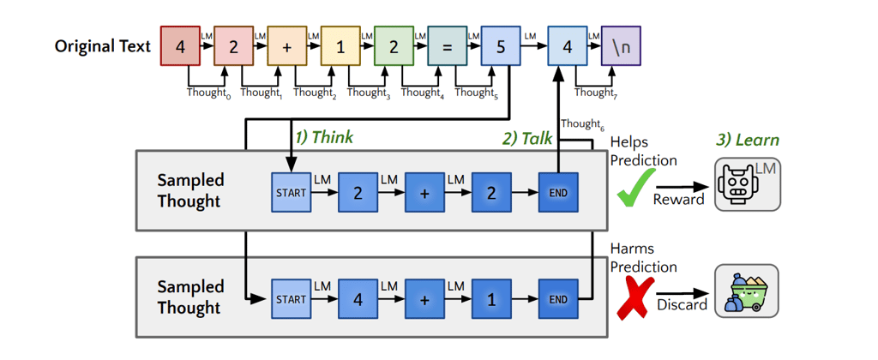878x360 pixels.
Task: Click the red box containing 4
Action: pyautogui.click(x=180, y=46)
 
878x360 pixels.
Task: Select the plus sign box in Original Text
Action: pyautogui.click(x=287, y=46)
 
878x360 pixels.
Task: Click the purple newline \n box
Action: pyautogui.click(x=621, y=46)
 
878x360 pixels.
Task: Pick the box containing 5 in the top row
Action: pyautogui.click(x=501, y=46)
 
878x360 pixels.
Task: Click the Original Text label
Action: pyautogui.click(x=103, y=46)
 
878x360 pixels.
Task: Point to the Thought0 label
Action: pyautogui.click(x=208, y=93)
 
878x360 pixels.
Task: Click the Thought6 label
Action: pyautogui.click(x=582, y=123)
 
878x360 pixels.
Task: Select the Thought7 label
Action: pyautogui.click(x=597, y=93)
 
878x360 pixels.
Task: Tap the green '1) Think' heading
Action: pyautogui.click(x=325, y=137)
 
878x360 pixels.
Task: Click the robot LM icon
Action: pyautogui.click(x=748, y=185)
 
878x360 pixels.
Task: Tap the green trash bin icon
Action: pyautogui.click(x=748, y=292)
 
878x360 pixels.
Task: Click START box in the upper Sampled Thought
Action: pyautogui.click(x=292, y=193)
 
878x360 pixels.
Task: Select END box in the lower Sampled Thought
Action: pyautogui.click(x=558, y=299)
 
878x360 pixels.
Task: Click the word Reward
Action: pyautogui.click(x=679, y=199)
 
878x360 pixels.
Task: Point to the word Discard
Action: pyautogui.click(x=683, y=305)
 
